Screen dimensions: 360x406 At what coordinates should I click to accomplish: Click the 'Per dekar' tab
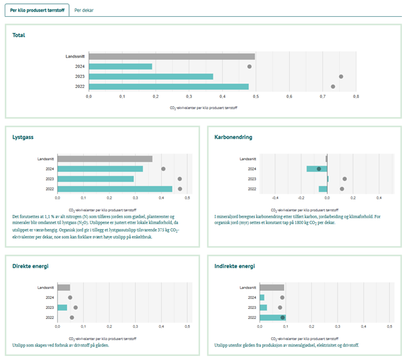click(x=85, y=11)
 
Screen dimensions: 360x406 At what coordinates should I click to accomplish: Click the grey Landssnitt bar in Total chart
click(x=171, y=56)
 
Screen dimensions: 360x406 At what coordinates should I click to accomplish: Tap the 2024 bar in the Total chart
click(x=121, y=66)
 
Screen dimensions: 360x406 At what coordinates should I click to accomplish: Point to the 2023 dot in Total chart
click(x=341, y=77)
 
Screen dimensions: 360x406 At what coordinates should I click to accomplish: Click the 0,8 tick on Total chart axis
click(x=356, y=97)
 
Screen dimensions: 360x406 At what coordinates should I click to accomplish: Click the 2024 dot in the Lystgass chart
click(x=163, y=169)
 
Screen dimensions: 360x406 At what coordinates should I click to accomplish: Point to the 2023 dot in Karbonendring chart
click(x=344, y=179)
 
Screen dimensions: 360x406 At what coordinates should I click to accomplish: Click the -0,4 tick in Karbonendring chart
click(x=275, y=198)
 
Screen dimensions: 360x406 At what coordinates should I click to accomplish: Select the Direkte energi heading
click(x=30, y=266)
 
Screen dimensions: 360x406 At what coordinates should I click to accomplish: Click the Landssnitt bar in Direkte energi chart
click(x=64, y=287)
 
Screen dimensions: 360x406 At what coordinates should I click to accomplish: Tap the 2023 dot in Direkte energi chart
click(x=76, y=308)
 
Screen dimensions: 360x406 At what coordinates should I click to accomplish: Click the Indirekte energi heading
click(x=234, y=266)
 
